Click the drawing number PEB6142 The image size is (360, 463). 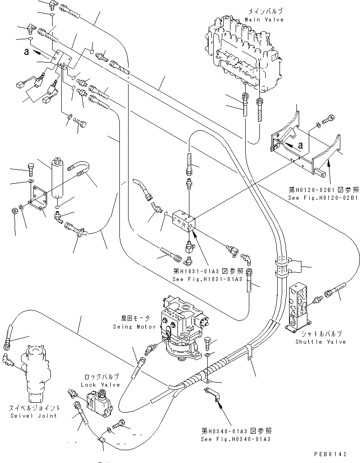pyautogui.click(x=333, y=454)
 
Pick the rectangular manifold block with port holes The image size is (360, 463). pyautogui.click(x=185, y=223)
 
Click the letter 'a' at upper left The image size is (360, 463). pyautogui.click(x=27, y=52)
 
